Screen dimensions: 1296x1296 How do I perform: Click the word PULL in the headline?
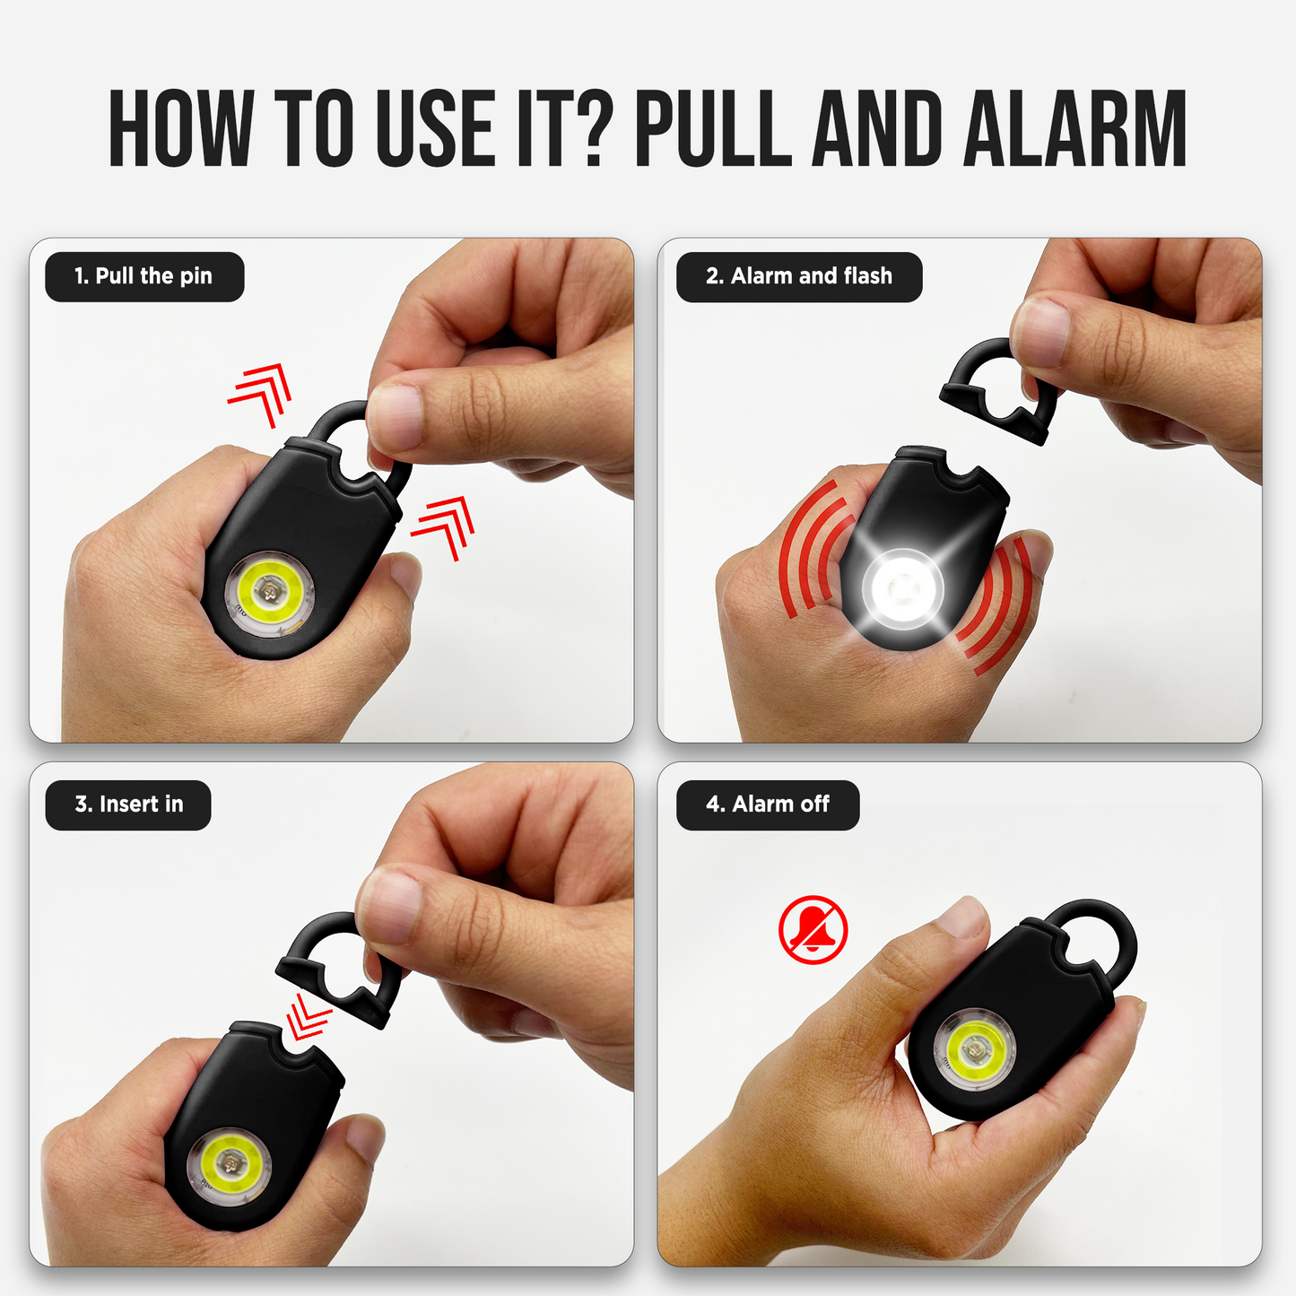coord(714,127)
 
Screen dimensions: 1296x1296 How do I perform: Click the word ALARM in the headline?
coord(1075,127)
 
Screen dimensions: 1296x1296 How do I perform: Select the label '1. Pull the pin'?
coord(144,276)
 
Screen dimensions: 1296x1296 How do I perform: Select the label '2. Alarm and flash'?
coord(799,276)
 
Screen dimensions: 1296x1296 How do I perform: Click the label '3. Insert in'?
coord(127,805)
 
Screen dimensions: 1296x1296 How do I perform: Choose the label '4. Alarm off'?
coord(768,805)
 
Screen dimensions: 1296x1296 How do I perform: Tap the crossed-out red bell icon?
coord(813,930)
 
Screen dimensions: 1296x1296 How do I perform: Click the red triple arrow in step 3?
coord(308,1018)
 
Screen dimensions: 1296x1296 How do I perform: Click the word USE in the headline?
coord(436,127)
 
